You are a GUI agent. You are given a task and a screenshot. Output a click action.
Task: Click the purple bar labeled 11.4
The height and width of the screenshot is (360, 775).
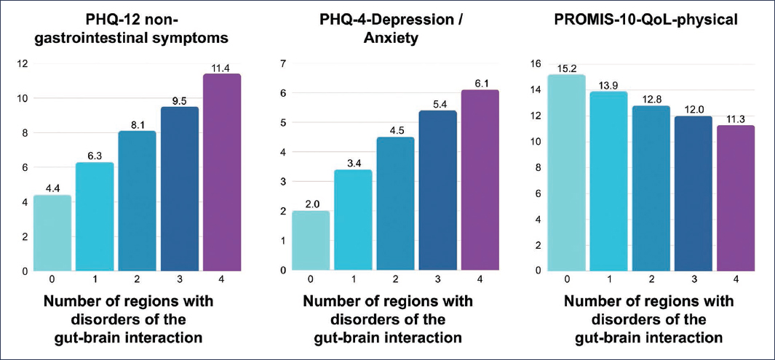(222, 172)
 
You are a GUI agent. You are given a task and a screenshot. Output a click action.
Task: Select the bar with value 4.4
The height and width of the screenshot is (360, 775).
(52, 233)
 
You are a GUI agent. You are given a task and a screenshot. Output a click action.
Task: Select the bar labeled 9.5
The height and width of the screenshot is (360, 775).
(180, 189)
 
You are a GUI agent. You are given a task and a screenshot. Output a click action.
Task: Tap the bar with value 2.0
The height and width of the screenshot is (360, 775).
(310, 241)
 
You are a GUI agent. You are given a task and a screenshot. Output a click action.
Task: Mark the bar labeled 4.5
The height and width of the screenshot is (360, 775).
(394, 204)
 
